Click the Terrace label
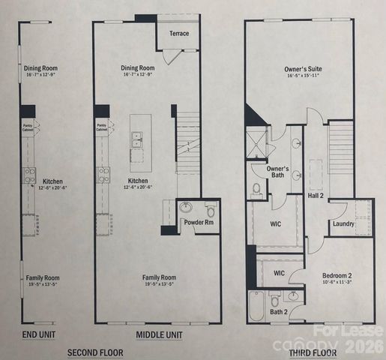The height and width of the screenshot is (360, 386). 179,33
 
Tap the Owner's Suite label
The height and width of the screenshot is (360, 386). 302,70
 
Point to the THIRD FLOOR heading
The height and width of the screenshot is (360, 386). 312,352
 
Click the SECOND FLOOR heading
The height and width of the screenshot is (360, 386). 96,352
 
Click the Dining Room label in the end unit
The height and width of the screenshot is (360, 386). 40,69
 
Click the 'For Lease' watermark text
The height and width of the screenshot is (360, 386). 359,330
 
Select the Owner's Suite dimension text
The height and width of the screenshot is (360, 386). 302,76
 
